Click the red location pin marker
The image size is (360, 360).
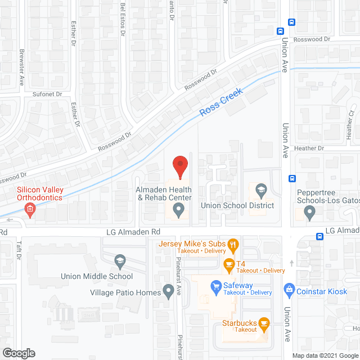coord(179,167)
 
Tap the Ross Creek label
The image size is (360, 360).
coord(221,102)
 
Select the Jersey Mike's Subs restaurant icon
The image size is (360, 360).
coord(235,244)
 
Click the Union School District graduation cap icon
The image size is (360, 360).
coord(260,190)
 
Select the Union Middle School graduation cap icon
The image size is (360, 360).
coord(119,260)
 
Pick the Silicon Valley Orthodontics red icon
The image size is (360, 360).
coord(30,211)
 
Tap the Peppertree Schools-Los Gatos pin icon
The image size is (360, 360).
coord(309,213)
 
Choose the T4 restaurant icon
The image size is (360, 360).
coord(229,264)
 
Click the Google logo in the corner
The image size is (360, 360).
coord(18,353)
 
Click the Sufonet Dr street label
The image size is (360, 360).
coord(47,94)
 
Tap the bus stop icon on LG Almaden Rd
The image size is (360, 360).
coord(319,236)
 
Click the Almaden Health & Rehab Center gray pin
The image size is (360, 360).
coord(179,211)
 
